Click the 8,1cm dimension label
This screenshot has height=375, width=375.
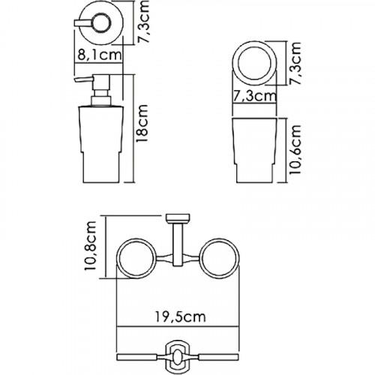click(x=100, y=55)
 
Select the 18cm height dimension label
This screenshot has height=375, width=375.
click(x=142, y=124)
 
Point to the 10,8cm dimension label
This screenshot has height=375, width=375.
click(x=90, y=246)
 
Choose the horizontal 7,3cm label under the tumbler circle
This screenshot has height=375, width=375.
click(x=254, y=97)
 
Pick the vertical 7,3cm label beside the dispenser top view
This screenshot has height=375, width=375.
click(x=143, y=22)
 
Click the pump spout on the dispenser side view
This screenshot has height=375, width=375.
click(x=83, y=80)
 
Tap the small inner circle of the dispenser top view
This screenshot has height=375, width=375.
click(x=101, y=23)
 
